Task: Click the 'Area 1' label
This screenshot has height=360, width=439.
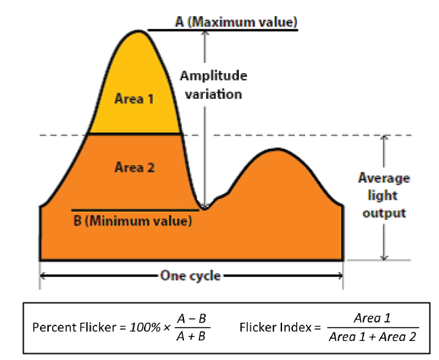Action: pyautogui.click(x=134, y=99)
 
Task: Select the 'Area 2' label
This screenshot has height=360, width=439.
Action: pyautogui.click(x=134, y=168)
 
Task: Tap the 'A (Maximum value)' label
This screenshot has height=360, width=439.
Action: pyautogui.click(x=236, y=22)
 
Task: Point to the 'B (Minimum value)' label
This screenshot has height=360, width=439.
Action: pyautogui.click(x=133, y=220)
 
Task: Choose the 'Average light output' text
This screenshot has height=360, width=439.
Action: pyautogui.click(x=384, y=196)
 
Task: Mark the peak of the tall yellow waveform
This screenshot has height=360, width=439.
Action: pyautogui.click(x=139, y=30)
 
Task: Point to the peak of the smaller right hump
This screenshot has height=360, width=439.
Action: pyautogui.click(x=277, y=150)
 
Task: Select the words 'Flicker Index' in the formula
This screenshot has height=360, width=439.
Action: pyautogui.click(x=269, y=327)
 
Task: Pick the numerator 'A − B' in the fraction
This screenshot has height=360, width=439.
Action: pyautogui.click(x=192, y=319)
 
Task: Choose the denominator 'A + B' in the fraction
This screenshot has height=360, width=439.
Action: pyautogui.click(x=192, y=336)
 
